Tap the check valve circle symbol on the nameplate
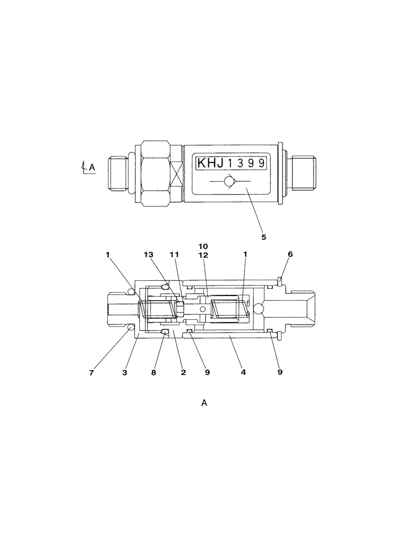click(230, 182)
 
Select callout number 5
click(264, 237)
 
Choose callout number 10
click(203, 246)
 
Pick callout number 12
click(203, 254)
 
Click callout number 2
click(183, 372)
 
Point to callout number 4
click(244, 372)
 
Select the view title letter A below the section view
click(204, 403)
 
